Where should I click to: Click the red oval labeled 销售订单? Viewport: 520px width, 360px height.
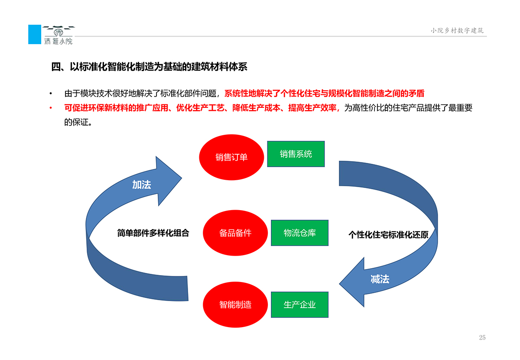coord(231,157)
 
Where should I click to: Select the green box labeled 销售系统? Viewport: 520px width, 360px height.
coord(296,154)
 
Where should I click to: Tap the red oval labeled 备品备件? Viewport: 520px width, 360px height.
coord(235,233)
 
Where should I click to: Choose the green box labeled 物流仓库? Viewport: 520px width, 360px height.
coord(299,233)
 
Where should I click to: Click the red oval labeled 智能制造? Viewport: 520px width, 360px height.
coord(235,305)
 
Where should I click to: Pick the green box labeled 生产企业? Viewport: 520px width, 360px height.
coord(299,305)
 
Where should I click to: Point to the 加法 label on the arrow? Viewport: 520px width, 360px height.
coord(141,185)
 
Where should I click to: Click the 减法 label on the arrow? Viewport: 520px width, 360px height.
coord(380,279)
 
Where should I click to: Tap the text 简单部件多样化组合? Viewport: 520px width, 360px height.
coord(153,233)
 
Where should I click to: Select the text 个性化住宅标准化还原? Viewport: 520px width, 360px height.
coord(388,235)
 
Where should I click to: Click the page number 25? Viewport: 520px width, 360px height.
coord(482,337)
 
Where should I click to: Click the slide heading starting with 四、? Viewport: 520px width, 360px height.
coord(149,67)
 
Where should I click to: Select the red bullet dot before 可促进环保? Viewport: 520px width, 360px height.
coord(51,108)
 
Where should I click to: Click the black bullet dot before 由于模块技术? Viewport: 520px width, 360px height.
coord(51,94)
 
